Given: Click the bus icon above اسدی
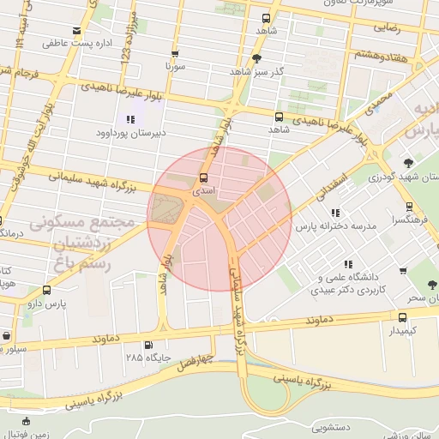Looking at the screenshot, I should pyautogui.click(x=203, y=177).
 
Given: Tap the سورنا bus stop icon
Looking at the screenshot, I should pyautogui.click(x=175, y=53).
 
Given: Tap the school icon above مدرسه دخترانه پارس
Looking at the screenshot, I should pyautogui.click(x=335, y=212).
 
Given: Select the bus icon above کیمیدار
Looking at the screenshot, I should pyautogui.click(x=402, y=316).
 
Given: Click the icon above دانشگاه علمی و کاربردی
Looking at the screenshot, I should pyautogui.click(x=346, y=264).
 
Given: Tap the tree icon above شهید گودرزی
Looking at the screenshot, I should pyautogui.click(x=408, y=163).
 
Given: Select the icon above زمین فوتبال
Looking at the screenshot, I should pyautogui.click(x=26, y=421).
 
